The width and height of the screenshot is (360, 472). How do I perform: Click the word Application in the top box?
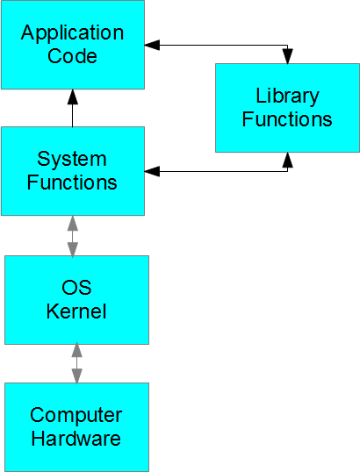click(x=72, y=33)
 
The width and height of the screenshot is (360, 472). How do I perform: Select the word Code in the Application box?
click(x=72, y=55)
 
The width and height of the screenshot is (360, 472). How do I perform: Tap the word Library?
click(x=287, y=97)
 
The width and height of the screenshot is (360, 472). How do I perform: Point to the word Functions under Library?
click(x=287, y=119)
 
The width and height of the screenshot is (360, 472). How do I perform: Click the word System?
click(x=72, y=161)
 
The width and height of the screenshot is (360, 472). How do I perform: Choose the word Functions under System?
click(x=72, y=182)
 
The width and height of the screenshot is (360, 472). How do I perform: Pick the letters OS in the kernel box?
click(x=76, y=287)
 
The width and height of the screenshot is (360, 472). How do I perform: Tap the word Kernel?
click(x=76, y=311)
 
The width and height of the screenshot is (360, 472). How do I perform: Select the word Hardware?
click(x=76, y=439)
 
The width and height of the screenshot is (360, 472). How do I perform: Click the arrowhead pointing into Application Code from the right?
click(x=152, y=45)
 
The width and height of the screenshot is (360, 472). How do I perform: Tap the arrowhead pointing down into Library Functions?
click(x=288, y=56)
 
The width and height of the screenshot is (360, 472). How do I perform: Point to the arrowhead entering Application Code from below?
click(x=72, y=97)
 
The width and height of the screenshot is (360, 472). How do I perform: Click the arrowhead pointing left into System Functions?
click(x=152, y=171)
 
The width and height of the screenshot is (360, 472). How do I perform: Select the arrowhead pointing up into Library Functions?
click(x=288, y=160)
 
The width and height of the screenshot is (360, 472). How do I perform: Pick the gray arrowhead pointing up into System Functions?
click(x=73, y=223)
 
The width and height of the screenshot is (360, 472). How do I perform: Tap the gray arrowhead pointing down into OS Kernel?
click(x=73, y=250)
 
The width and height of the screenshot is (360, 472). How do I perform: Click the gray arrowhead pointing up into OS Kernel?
click(x=76, y=350)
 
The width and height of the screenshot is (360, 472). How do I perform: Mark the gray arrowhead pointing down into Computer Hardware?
click(x=76, y=376)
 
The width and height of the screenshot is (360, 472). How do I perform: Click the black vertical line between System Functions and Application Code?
click(x=72, y=116)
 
